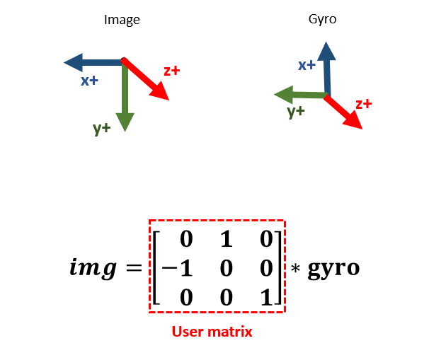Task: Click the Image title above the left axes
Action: coord(122,21)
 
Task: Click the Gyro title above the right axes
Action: coord(324,20)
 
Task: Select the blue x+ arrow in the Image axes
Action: coord(92,62)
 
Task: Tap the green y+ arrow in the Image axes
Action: coord(125,99)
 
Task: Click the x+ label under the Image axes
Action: coord(89,81)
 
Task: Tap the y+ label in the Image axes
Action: coord(102,128)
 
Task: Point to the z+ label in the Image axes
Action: coord(171,71)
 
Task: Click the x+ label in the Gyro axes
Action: coord(307,65)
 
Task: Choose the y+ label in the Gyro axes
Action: coord(296,111)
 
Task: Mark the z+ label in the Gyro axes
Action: coord(364,104)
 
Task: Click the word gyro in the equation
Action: coord(333,269)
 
